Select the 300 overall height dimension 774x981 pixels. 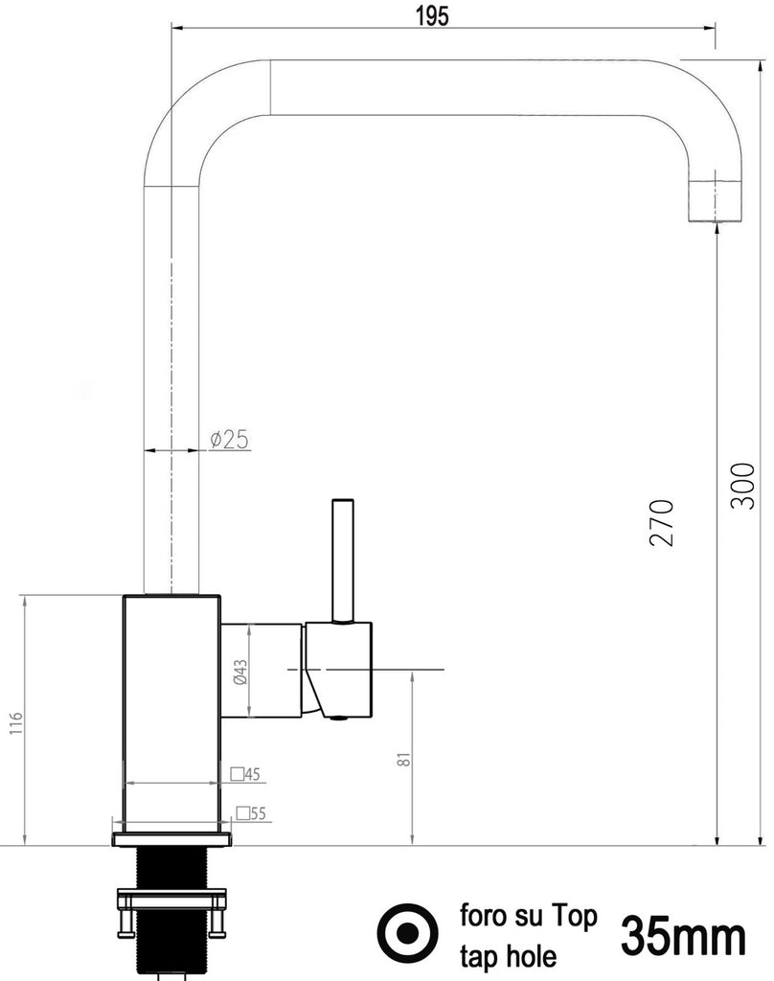tap(742, 486)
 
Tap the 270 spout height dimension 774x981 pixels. tap(662, 522)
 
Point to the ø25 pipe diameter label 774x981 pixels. tap(229, 440)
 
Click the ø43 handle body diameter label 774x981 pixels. tap(240, 671)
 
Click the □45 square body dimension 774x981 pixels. tap(246, 773)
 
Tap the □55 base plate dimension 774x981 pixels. tap(251, 813)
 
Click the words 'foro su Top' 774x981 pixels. tap(528, 916)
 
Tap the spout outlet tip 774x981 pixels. tap(716, 203)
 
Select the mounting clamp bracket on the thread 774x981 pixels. tap(171, 901)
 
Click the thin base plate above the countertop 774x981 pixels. tap(172, 839)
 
